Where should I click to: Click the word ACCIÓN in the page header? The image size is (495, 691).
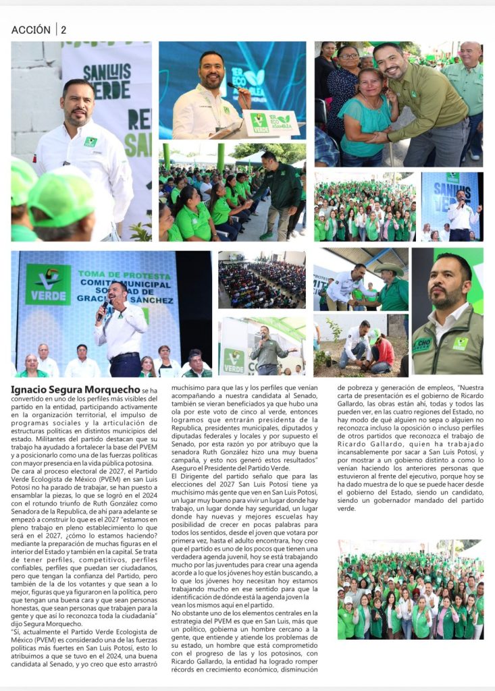[31, 30]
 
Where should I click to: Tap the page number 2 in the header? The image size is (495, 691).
[63, 30]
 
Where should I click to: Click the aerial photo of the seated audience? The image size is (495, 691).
[261, 280]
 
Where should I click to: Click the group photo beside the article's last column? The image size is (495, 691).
[410, 589]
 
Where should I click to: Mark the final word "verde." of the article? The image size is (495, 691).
[347, 507]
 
